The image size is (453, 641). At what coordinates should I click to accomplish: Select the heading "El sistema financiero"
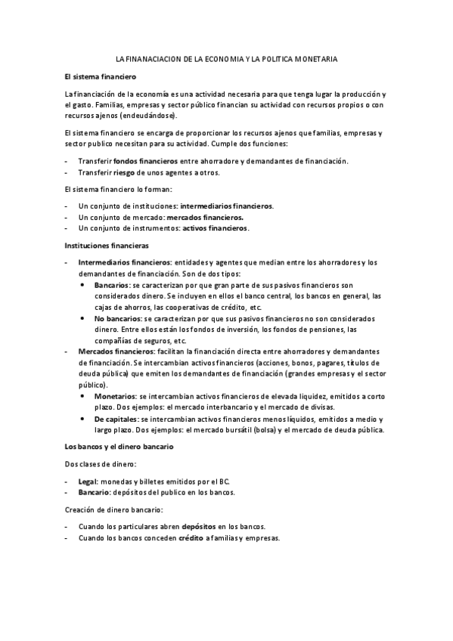(x=98, y=77)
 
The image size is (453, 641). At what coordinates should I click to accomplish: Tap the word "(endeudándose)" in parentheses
(x=148, y=116)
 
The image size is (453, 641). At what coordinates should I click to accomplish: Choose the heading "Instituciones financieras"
(x=107, y=245)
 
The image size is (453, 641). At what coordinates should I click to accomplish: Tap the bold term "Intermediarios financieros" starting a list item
(x=125, y=262)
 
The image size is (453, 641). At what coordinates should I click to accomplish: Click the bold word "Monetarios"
(x=115, y=396)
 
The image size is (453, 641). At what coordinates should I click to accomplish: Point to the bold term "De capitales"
(x=116, y=419)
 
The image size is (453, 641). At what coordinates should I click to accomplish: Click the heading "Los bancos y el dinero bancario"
(x=119, y=446)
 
